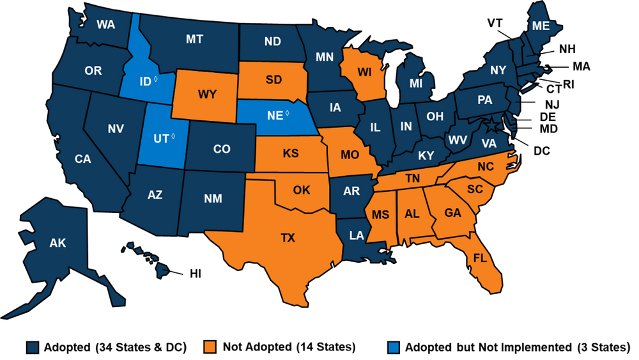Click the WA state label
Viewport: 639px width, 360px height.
(105, 25)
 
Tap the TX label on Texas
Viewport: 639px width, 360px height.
(288, 238)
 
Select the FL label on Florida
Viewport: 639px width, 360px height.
(479, 259)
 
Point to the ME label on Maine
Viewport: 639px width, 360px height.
(541, 26)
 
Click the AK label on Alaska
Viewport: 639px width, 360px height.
(58, 242)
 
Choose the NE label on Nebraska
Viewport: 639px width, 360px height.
(275, 116)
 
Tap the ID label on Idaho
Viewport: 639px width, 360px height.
(144, 81)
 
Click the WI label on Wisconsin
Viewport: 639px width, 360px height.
(364, 72)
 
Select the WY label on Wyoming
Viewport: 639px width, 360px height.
(207, 95)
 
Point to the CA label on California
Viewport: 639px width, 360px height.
(83, 159)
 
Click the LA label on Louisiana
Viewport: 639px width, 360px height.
(356, 236)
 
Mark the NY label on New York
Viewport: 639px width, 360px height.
(498, 70)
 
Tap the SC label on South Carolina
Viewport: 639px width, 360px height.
(474, 189)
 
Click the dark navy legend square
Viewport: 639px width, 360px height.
(33, 347)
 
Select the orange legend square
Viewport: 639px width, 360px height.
(210, 347)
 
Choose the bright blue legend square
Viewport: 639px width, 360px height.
(394, 347)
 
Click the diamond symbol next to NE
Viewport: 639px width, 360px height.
(287, 113)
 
